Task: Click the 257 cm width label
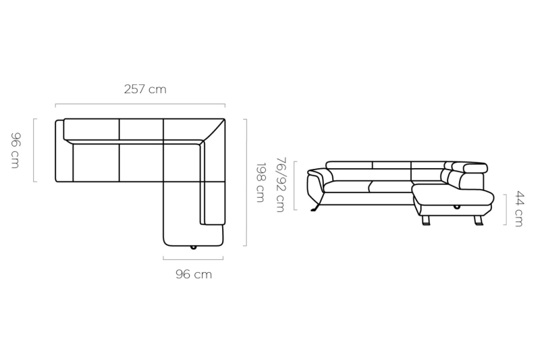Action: pyautogui.click(x=145, y=90)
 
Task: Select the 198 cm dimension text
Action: pyautogui.click(x=261, y=182)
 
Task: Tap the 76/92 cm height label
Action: pyautogui.click(x=281, y=184)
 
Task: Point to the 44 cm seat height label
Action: pyautogui.click(x=518, y=209)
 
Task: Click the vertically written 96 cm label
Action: pyautogui.click(x=16, y=150)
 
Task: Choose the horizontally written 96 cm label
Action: pyautogui.click(x=194, y=275)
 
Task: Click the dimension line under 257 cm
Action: pyautogui.click(x=140, y=104)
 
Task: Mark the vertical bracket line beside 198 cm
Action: pyautogui.click(x=246, y=182)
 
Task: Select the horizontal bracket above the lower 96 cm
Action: pyautogui.click(x=193, y=259)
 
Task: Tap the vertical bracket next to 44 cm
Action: pyautogui.click(x=506, y=209)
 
